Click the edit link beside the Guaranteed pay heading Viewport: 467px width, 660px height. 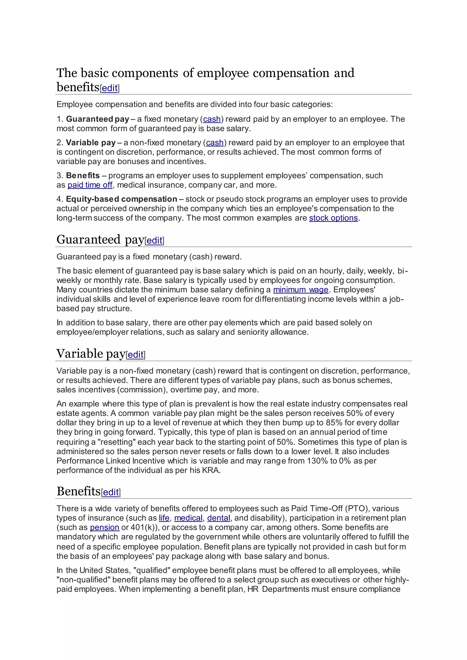(154, 240)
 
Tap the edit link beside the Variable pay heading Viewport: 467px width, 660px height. (135, 354)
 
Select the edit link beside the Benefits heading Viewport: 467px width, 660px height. (111, 492)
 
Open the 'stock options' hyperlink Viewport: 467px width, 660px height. (333, 218)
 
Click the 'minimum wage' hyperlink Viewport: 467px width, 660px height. (301, 289)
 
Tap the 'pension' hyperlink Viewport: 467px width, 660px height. (104, 527)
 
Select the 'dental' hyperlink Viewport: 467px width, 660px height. (218, 518)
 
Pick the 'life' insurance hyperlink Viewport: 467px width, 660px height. (164, 518)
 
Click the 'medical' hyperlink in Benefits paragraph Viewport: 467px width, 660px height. (188, 518)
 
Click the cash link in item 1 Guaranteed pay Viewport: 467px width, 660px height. (212, 119)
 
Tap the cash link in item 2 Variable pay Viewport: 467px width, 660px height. (215, 143)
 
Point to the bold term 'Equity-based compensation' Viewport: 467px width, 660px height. (121, 199)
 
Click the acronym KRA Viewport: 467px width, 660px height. (211, 470)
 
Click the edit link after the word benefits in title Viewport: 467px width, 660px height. (109, 88)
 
